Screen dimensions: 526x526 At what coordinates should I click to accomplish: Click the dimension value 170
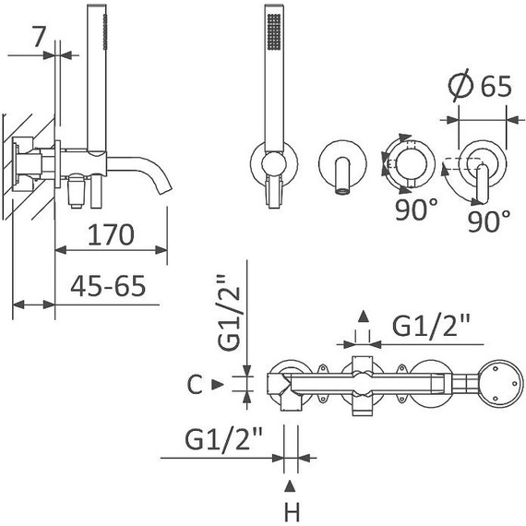point(111,234)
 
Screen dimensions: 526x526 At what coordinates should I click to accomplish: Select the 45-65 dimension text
point(108,286)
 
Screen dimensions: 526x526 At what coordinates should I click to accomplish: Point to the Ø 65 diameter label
point(481,87)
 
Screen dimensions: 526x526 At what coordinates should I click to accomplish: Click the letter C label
point(195,385)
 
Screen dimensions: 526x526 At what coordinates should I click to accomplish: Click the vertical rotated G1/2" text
point(229,313)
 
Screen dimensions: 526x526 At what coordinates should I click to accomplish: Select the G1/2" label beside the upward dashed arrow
point(432,326)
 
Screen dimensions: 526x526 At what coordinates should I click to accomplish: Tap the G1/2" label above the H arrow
point(224,438)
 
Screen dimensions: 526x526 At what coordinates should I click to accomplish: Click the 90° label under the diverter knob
point(416,209)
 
